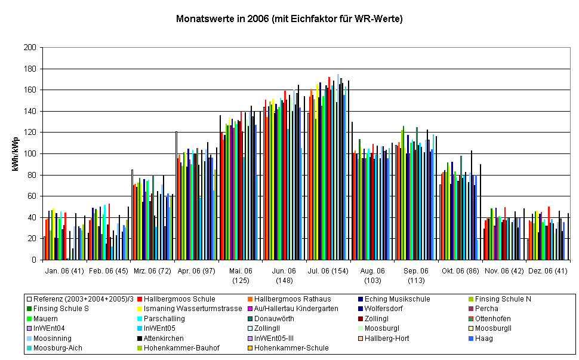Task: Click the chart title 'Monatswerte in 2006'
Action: pyautogui.click(x=289, y=19)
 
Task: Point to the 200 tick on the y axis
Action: pyautogui.click(x=30, y=48)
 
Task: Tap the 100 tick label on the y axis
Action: pyautogui.click(x=30, y=154)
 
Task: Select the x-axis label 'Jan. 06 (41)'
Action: pyautogui.click(x=64, y=270)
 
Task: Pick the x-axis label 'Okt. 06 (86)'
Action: pyautogui.click(x=460, y=270)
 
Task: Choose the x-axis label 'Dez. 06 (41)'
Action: pyautogui.click(x=548, y=270)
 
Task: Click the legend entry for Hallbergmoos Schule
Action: pyautogui.click(x=173, y=299)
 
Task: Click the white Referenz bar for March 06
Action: pyautogui.click(x=132, y=214)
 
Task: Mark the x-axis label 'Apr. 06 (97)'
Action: pyautogui.click(x=197, y=270)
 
